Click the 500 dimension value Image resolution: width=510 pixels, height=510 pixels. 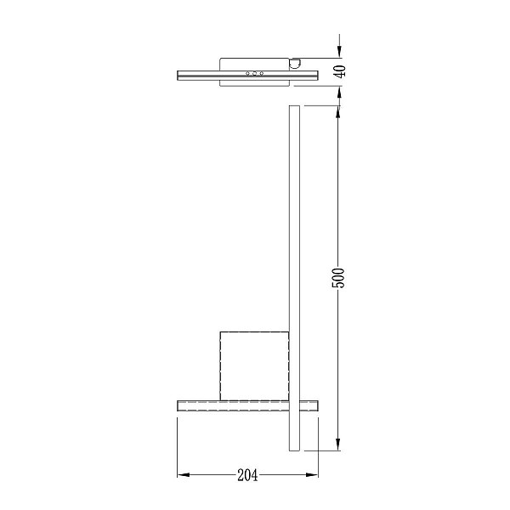tap(338, 278)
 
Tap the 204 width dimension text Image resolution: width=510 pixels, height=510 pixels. tap(247, 475)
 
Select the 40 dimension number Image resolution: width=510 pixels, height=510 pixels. tap(340, 71)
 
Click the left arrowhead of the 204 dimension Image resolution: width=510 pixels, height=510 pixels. tap(184, 475)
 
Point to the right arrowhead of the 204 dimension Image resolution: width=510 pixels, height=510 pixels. tap(312, 475)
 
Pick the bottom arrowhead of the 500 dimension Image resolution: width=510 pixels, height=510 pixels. tap(338, 445)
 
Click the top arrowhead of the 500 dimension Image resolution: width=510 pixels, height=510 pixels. tap(338, 112)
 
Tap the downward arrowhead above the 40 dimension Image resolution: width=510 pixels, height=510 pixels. tap(339, 52)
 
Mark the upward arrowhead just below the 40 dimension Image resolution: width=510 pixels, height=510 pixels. tap(339, 93)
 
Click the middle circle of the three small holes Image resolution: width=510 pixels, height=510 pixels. tap(254, 73)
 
